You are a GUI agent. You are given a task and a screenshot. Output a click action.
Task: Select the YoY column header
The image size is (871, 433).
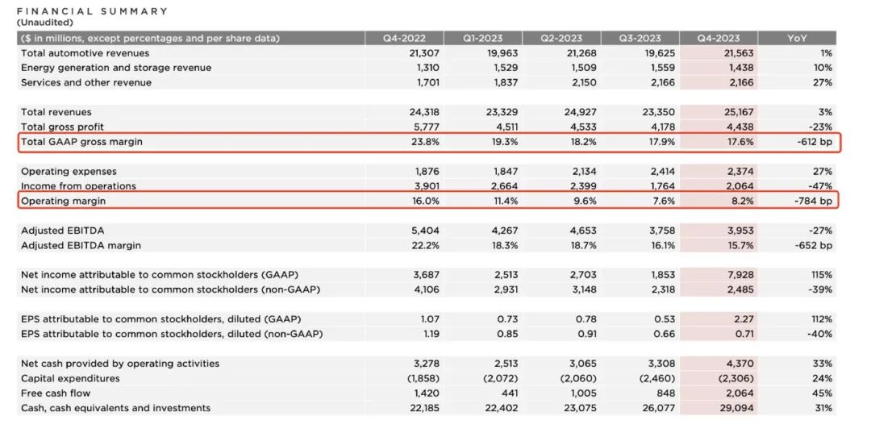click(x=798, y=39)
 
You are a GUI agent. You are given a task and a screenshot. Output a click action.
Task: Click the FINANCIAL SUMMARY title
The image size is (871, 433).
click(x=93, y=11)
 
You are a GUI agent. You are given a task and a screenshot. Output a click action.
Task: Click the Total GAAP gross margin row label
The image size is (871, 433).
click(x=87, y=142)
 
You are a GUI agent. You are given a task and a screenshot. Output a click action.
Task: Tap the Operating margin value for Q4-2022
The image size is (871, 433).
click(x=427, y=201)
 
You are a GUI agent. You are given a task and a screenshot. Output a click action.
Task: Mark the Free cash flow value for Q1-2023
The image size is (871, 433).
click(x=506, y=393)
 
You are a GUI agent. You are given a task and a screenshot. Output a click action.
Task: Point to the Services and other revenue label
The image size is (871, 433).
click(x=86, y=82)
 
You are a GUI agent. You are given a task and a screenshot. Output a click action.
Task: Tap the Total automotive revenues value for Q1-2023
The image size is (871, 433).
click(x=500, y=53)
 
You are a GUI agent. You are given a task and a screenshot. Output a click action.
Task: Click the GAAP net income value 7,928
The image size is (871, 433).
click(x=738, y=275)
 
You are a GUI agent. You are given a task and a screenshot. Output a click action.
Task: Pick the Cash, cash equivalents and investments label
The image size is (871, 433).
click(x=115, y=408)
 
